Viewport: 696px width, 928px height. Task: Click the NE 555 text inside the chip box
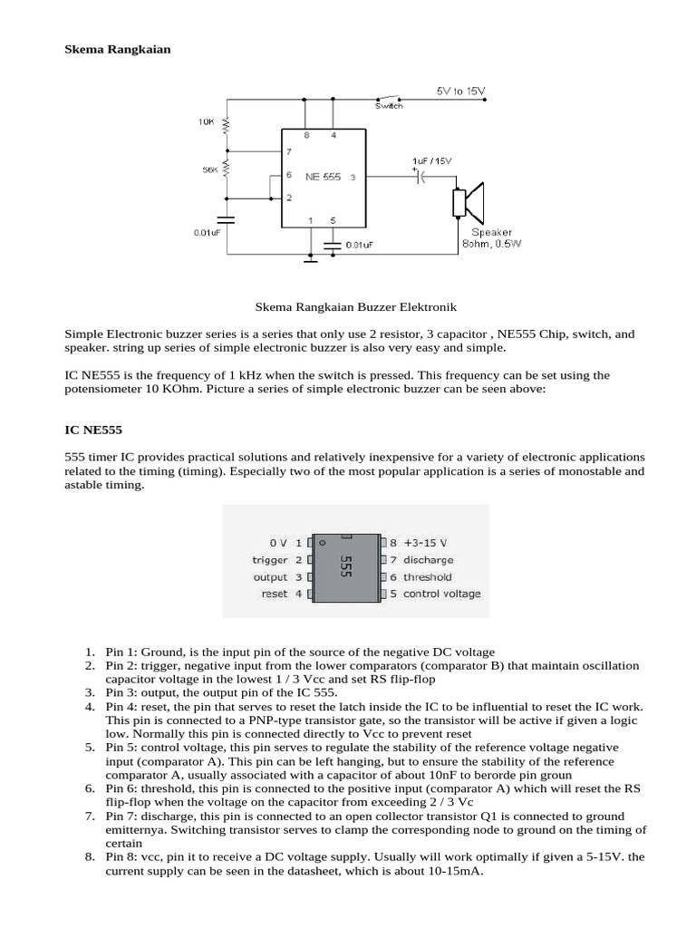323,178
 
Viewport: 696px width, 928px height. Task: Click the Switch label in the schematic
389,106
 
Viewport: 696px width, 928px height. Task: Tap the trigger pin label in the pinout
269,560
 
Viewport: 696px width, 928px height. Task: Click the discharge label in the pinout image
429,560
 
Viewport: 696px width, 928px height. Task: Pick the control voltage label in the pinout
441,594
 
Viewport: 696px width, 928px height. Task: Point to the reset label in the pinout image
273,594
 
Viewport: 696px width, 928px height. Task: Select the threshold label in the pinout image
428,576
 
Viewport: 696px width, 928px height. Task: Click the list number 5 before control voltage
89,747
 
